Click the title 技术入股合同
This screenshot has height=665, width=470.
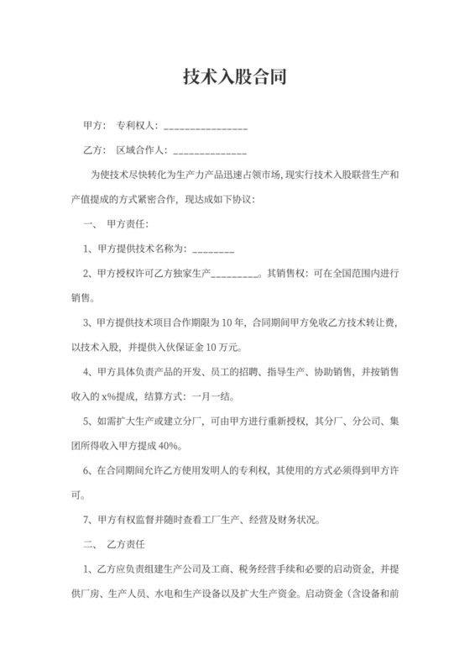point(235,78)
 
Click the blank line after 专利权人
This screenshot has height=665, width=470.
point(206,128)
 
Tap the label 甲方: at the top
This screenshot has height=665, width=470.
point(94,127)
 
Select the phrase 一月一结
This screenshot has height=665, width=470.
point(216,395)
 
